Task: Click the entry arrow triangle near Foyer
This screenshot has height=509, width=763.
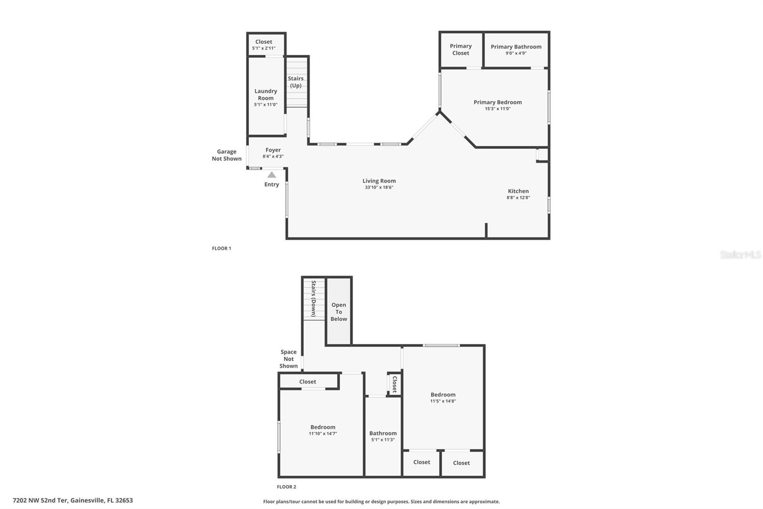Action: tap(271, 175)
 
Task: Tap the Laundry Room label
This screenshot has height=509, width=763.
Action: tap(266, 95)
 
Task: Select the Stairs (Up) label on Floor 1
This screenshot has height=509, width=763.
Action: tap(296, 82)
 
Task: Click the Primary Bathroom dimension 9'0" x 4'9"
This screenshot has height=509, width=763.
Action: tap(516, 53)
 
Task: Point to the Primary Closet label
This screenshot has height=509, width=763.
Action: tap(461, 50)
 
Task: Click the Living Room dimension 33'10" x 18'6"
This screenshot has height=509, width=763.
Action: tap(379, 188)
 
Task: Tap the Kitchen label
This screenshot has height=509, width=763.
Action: tap(518, 191)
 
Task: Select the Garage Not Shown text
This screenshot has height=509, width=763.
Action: tap(227, 155)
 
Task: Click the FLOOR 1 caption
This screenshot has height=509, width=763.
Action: tap(221, 248)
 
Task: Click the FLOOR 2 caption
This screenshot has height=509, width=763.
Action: tap(287, 487)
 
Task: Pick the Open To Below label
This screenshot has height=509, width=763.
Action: tap(339, 312)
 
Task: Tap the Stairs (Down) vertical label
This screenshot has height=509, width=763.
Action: tap(314, 298)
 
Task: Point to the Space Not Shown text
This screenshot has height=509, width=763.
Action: tap(289, 359)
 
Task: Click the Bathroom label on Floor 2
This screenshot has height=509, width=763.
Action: tap(383, 433)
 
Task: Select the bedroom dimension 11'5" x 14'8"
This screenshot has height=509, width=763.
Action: tap(443, 401)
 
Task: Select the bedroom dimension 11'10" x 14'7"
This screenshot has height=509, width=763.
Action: tap(323, 434)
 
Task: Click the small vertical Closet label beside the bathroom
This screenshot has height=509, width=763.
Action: tap(394, 384)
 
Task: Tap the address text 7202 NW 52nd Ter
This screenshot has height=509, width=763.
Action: tap(72, 500)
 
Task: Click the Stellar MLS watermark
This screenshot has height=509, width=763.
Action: tap(740, 255)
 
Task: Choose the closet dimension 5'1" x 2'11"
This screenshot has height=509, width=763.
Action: tap(264, 48)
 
